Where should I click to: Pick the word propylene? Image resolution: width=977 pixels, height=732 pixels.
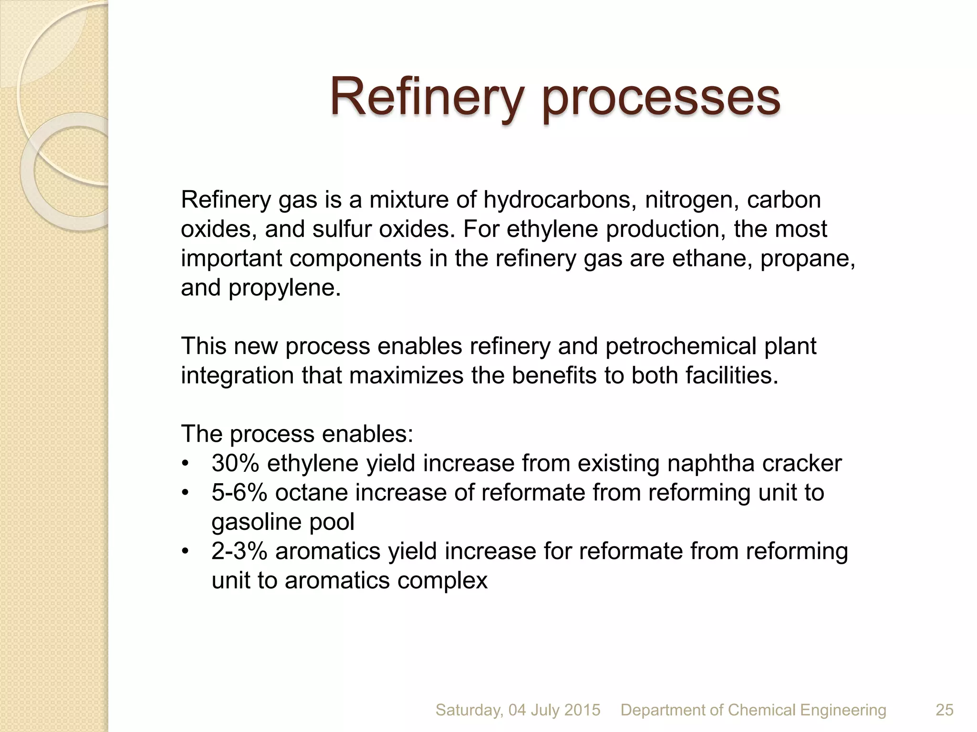(x=285, y=288)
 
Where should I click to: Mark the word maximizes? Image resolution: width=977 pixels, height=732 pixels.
(x=406, y=376)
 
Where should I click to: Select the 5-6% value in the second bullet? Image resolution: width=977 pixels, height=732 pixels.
(x=239, y=493)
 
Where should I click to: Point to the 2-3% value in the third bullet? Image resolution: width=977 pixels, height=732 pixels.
(x=239, y=551)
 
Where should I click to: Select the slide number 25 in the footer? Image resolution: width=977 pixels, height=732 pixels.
(x=945, y=710)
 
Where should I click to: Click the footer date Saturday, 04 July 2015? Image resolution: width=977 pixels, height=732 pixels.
(x=518, y=710)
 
